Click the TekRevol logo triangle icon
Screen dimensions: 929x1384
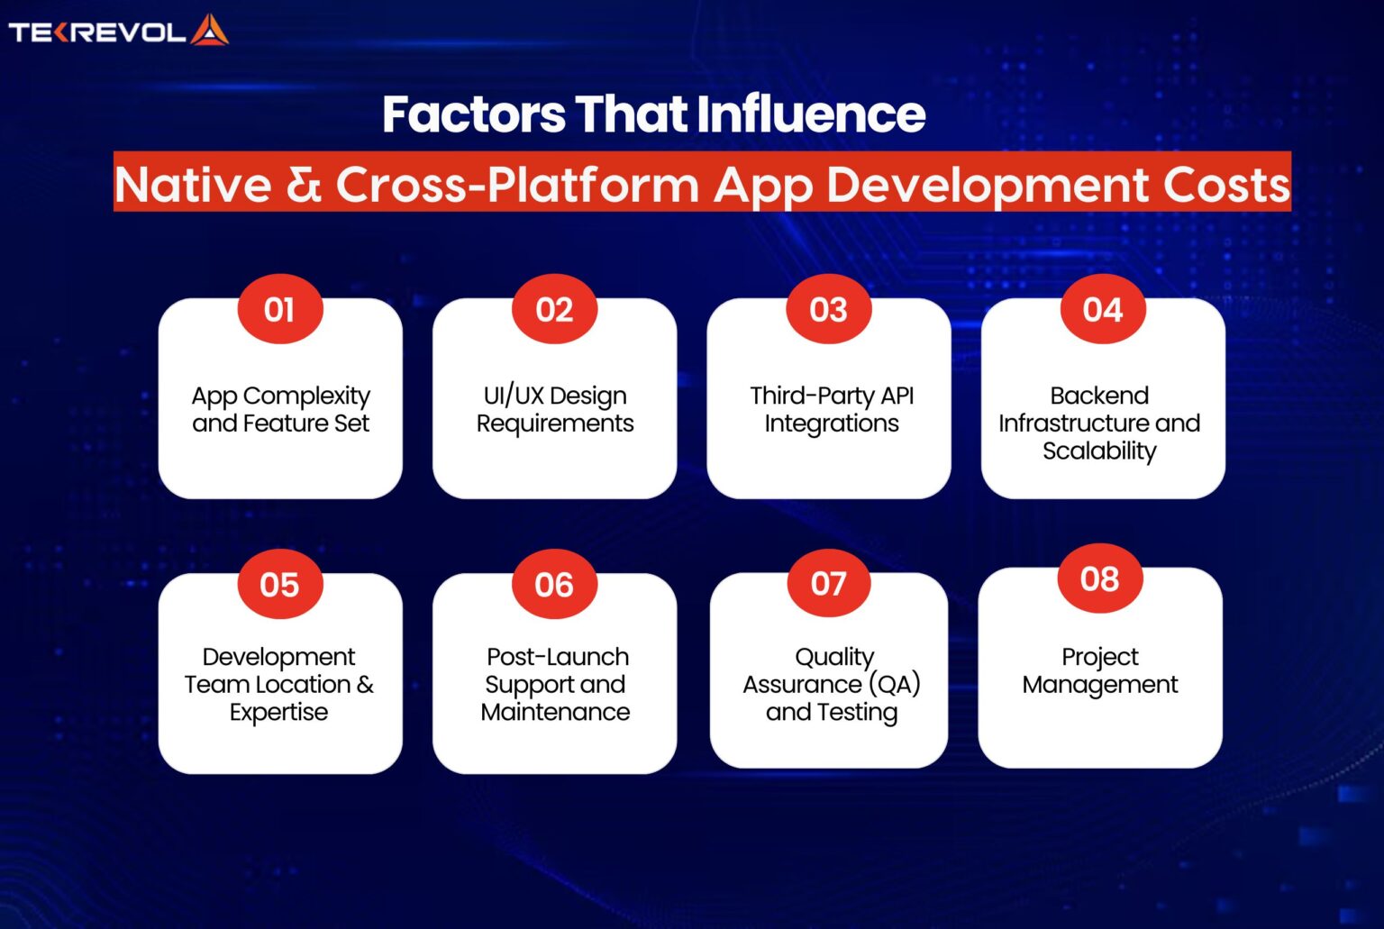pyautogui.click(x=209, y=31)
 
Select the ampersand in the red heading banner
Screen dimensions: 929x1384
pyautogui.click(x=304, y=185)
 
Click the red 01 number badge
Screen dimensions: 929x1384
pyautogui.click(x=279, y=310)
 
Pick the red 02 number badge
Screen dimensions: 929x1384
pyautogui.click(x=554, y=310)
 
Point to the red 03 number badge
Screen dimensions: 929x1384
pyautogui.click(x=828, y=310)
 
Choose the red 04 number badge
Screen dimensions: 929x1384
pyautogui.click(x=1102, y=310)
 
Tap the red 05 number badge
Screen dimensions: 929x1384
pyautogui.click(x=279, y=585)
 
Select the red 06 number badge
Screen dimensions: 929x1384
pyautogui.click(x=554, y=585)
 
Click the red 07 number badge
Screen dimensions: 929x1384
pyautogui.click(x=828, y=584)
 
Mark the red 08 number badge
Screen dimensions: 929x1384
pyautogui.click(x=1099, y=578)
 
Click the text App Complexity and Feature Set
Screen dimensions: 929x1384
pyautogui.click(x=280, y=409)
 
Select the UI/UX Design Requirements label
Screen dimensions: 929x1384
pyautogui.click(x=555, y=409)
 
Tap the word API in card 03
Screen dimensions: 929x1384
pyautogui.click(x=897, y=396)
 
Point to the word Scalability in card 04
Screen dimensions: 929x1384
pyautogui.click(x=1099, y=451)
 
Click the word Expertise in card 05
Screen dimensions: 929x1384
pyautogui.click(x=278, y=712)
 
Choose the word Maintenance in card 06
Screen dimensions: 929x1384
pyautogui.click(x=555, y=712)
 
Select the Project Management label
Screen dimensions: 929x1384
pyautogui.click(x=1099, y=670)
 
